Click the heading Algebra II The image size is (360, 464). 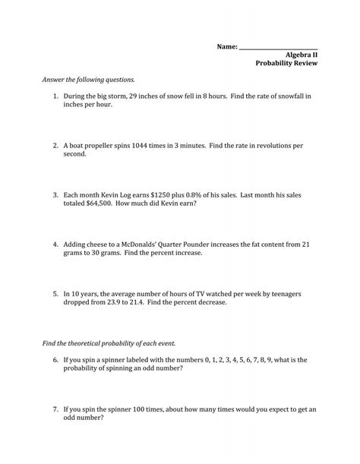pos(301,56)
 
